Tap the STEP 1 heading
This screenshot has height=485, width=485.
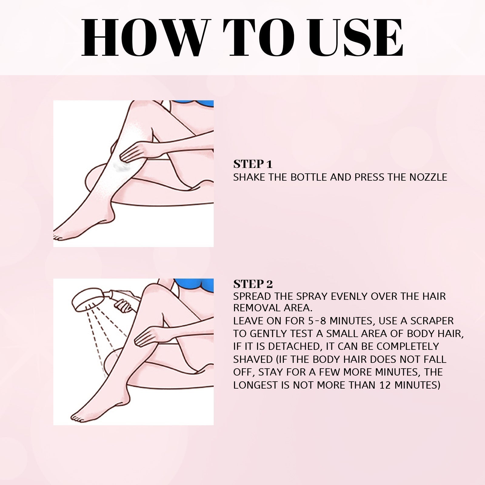[x=253, y=164]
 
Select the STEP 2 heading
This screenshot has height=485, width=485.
[x=253, y=284]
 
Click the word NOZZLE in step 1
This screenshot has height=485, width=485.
[x=428, y=177]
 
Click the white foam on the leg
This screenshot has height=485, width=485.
[x=121, y=165]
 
